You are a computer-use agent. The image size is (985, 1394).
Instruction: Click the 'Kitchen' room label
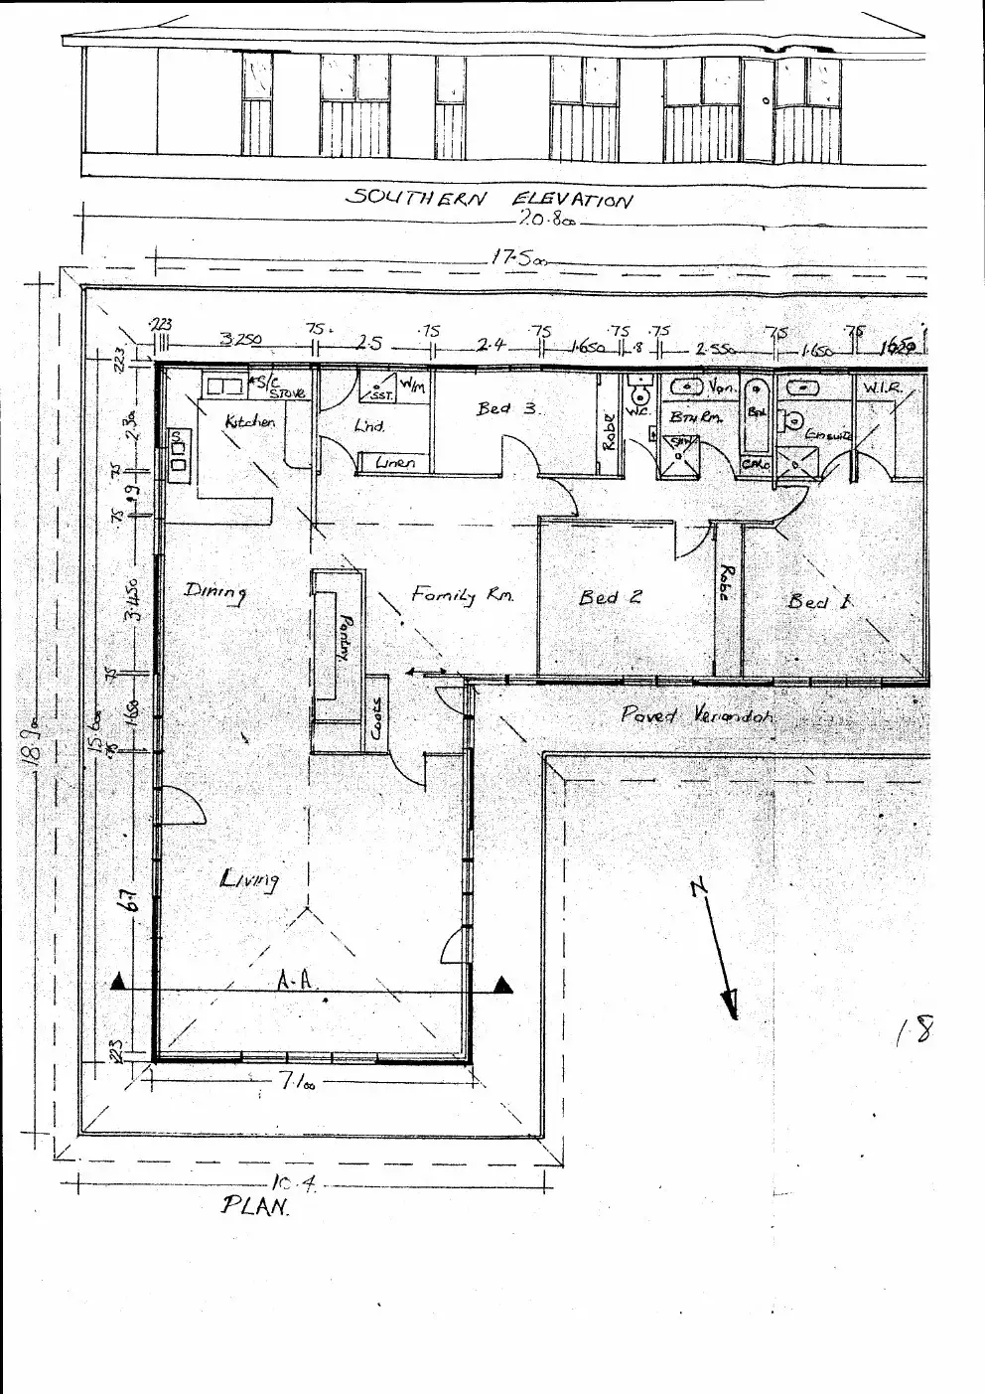pyautogui.click(x=249, y=422)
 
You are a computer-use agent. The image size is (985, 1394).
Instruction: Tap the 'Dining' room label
pyautogui.click(x=215, y=592)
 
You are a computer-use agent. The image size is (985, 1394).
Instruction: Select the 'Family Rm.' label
pyautogui.click(x=463, y=595)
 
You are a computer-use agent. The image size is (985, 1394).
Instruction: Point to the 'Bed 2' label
pyautogui.click(x=610, y=597)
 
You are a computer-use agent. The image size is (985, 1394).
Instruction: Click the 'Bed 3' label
pyautogui.click(x=507, y=408)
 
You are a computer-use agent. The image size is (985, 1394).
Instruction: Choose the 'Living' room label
pyautogui.click(x=248, y=878)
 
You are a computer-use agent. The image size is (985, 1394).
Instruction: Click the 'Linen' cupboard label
pyautogui.click(x=395, y=462)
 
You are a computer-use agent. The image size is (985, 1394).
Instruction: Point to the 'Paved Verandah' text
pyautogui.click(x=696, y=714)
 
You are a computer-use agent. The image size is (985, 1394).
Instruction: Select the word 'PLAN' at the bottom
pyautogui.click(x=255, y=1206)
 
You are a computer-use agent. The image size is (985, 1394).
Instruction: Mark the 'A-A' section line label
pyautogui.click(x=295, y=981)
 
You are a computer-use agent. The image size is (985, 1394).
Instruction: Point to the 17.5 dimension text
pyautogui.click(x=517, y=258)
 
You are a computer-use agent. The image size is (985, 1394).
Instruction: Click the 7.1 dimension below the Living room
pyautogui.click(x=295, y=1084)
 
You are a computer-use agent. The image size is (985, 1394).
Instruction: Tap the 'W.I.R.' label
pyautogui.click(x=883, y=387)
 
